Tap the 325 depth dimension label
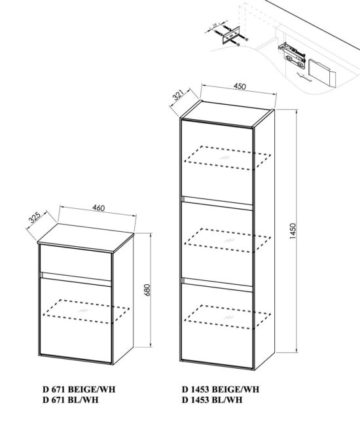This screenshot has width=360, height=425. pyautogui.click(x=34, y=217)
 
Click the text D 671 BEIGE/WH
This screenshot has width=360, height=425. pyautogui.click(x=73, y=390)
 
